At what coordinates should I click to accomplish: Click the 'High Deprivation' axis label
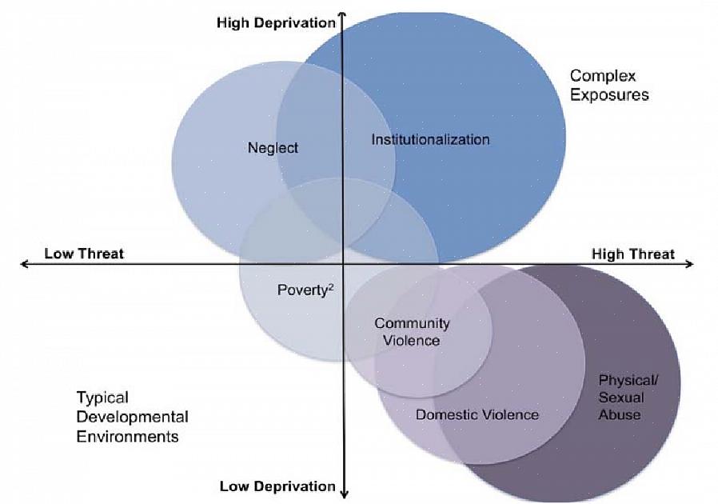[x=276, y=23]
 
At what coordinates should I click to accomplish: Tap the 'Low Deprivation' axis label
[x=277, y=486]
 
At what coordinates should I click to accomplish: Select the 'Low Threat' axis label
[x=84, y=254]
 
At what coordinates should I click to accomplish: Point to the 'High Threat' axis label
[x=632, y=254]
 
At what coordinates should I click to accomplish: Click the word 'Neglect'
[x=273, y=148]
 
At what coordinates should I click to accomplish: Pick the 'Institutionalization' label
[x=430, y=139]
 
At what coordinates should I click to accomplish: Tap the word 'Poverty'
[x=301, y=290]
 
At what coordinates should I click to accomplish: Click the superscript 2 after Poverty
[x=329, y=286]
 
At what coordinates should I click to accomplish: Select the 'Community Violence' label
[x=412, y=332]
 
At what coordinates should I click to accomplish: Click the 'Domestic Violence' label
[x=477, y=414]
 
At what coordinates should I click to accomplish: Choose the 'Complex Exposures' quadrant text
[x=608, y=85]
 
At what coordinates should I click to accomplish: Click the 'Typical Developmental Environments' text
[x=132, y=417]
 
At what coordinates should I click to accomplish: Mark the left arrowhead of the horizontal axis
[x=24, y=264]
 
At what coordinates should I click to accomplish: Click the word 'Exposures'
[x=609, y=94]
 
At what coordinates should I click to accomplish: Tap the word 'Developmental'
[x=132, y=417]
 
